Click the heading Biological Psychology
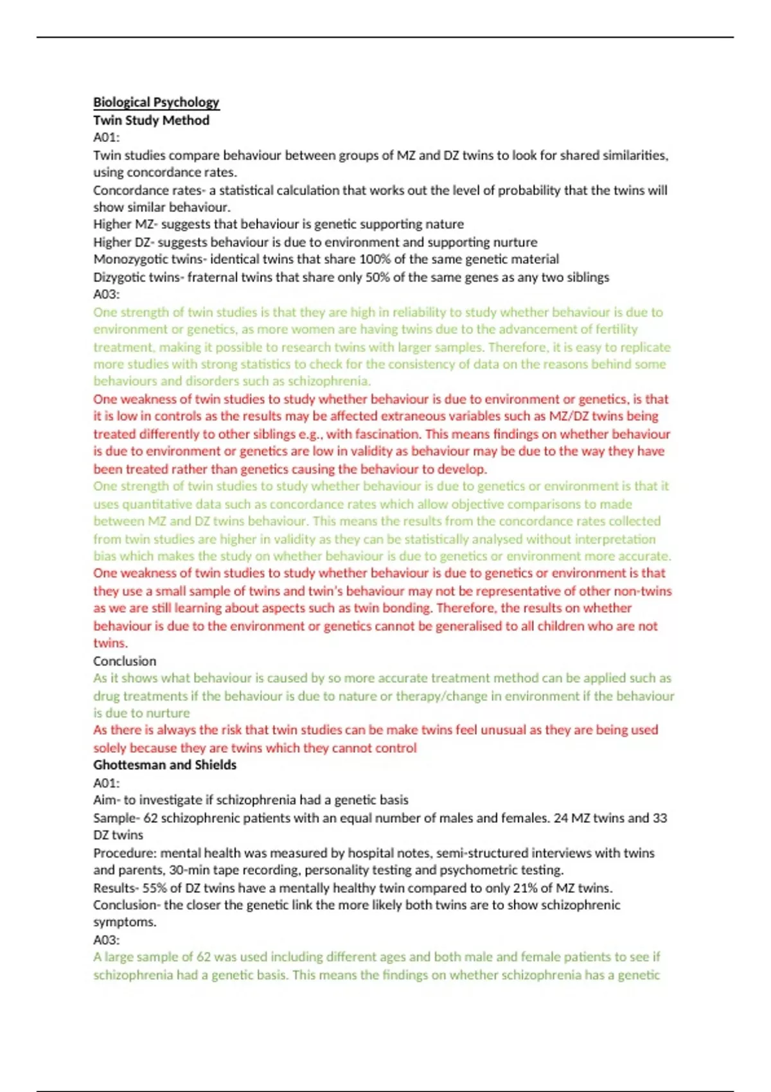156,102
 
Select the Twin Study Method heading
151,120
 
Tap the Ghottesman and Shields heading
164,765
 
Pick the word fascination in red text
385,434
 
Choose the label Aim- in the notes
107,800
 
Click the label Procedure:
125,853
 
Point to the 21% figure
527,888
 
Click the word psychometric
477,870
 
